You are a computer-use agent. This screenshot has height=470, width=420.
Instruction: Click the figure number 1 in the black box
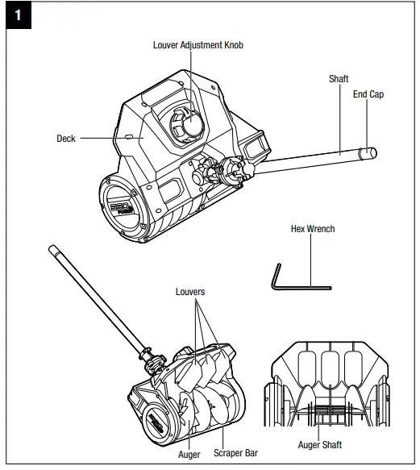click(x=16, y=16)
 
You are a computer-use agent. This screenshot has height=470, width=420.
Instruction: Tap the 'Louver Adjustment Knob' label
click(x=198, y=45)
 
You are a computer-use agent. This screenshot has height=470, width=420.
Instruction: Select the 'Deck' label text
click(x=66, y=139)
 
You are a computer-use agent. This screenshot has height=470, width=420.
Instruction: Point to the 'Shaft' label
click(x=339, y=79)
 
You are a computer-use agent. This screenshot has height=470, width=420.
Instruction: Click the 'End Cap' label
click(x=368, y=94)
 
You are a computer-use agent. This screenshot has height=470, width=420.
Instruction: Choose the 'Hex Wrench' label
click(x=312, y=229)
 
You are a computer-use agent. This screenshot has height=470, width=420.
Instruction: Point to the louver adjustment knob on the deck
click(x=185, y=125)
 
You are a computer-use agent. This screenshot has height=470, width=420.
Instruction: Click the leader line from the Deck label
click(x=109, y=139)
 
